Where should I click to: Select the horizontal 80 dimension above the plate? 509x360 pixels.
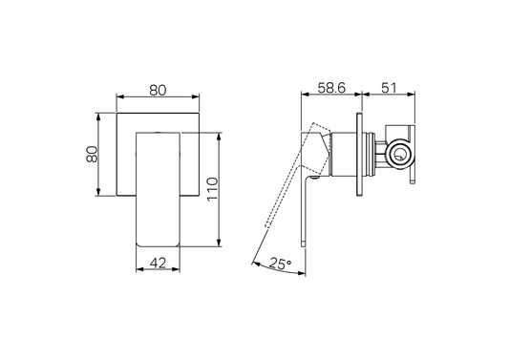tap(159, 90)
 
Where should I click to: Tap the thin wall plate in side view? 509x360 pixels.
tap(360, 155)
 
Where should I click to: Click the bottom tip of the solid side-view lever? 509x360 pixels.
tap(305, 243)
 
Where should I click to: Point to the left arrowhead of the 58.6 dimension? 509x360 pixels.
tap(304, 97)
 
